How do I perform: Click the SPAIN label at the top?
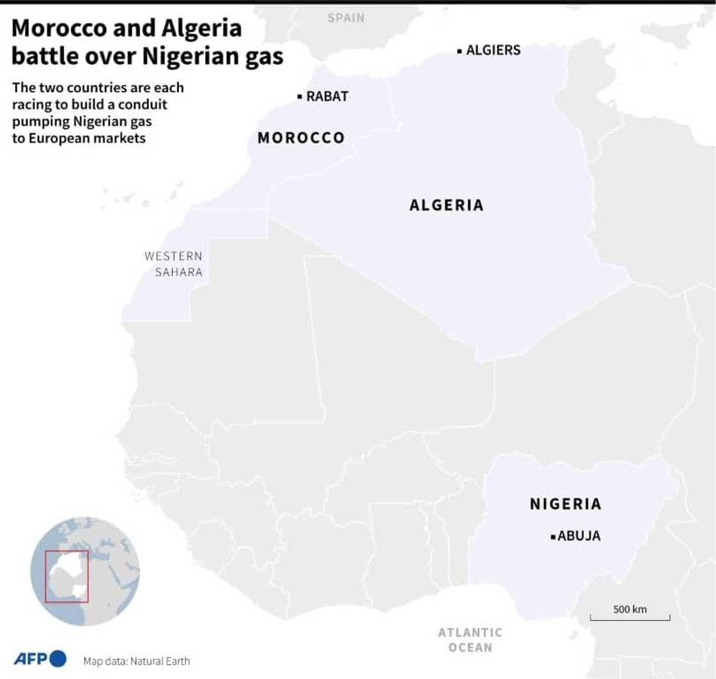pos(346,18)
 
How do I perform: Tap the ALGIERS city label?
pos(493,50)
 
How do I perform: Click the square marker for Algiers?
pos(459,51)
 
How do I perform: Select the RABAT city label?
pos(327,97)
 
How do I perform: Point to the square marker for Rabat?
pos(299,97)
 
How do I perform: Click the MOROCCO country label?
pos(300,137)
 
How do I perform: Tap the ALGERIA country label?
pos(446,205)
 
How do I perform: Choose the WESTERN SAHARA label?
pos(173,264)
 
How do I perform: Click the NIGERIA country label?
pos(566,504)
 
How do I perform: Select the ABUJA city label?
pos(579,536)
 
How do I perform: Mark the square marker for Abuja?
pos(552,537)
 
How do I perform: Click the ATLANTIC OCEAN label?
pos(470,639)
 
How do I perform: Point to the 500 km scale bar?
pos(630,618)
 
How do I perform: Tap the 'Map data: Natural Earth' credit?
pos(136,661)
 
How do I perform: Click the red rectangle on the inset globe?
pos(66,576)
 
